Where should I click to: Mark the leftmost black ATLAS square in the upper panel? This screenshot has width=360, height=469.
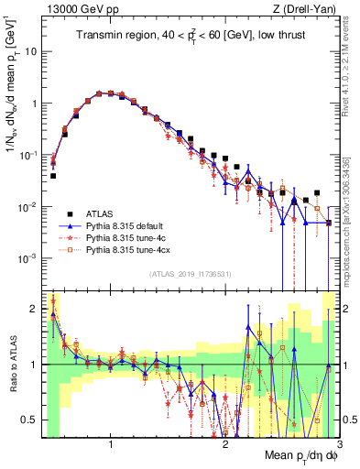coord(53,175)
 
